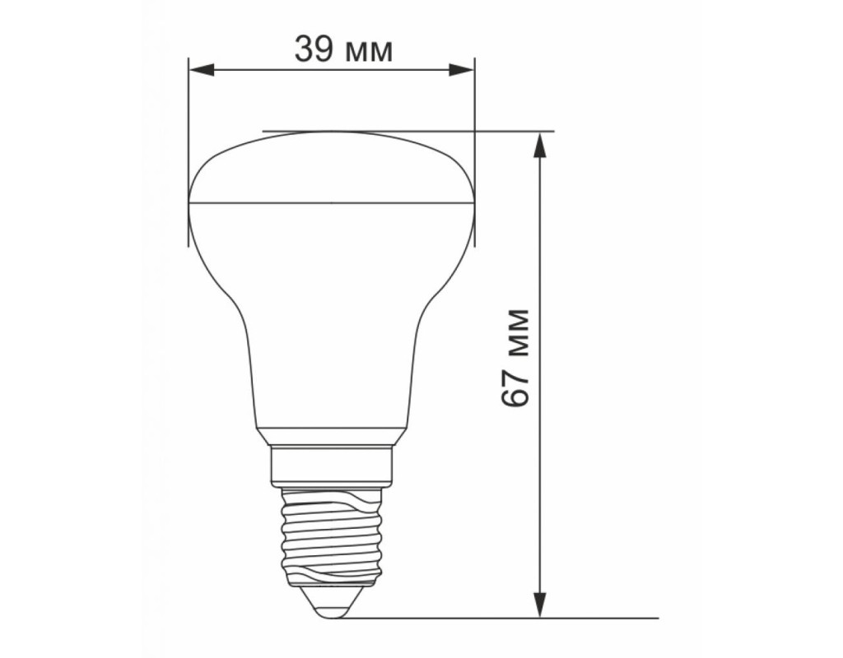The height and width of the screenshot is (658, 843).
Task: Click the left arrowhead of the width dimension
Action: [x=202, y=70]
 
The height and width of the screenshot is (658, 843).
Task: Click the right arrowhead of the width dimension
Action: [x=462, y=70]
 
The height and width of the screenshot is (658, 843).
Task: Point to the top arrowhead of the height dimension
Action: [x=540, y=145]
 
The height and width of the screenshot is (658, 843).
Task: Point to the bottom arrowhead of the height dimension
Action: [x=540, y=605]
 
